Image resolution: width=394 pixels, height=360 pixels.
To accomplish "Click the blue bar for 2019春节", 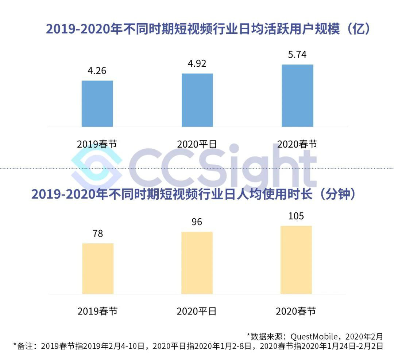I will coord(97,103).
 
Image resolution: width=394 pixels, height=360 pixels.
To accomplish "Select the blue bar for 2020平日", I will coord(197,100).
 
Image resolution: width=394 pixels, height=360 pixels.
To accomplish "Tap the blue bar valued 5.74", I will coord(297,95).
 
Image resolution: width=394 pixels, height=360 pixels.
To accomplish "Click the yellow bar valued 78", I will coord(98,269).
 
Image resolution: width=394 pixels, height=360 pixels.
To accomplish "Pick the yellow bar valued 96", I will coord(197,263).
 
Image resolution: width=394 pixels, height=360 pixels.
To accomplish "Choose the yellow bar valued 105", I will coord(296,260).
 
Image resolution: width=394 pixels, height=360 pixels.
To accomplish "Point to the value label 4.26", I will coord(97,70).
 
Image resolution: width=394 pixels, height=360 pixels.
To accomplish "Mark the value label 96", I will coord(197,222).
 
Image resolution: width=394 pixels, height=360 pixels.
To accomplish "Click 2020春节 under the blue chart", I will coord(297,144).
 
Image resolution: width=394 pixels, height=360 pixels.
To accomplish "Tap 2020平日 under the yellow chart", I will coord(197,312).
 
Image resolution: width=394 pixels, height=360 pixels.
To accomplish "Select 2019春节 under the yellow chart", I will coord(97,312).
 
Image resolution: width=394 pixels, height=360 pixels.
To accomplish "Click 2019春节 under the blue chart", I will coord(97,144).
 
